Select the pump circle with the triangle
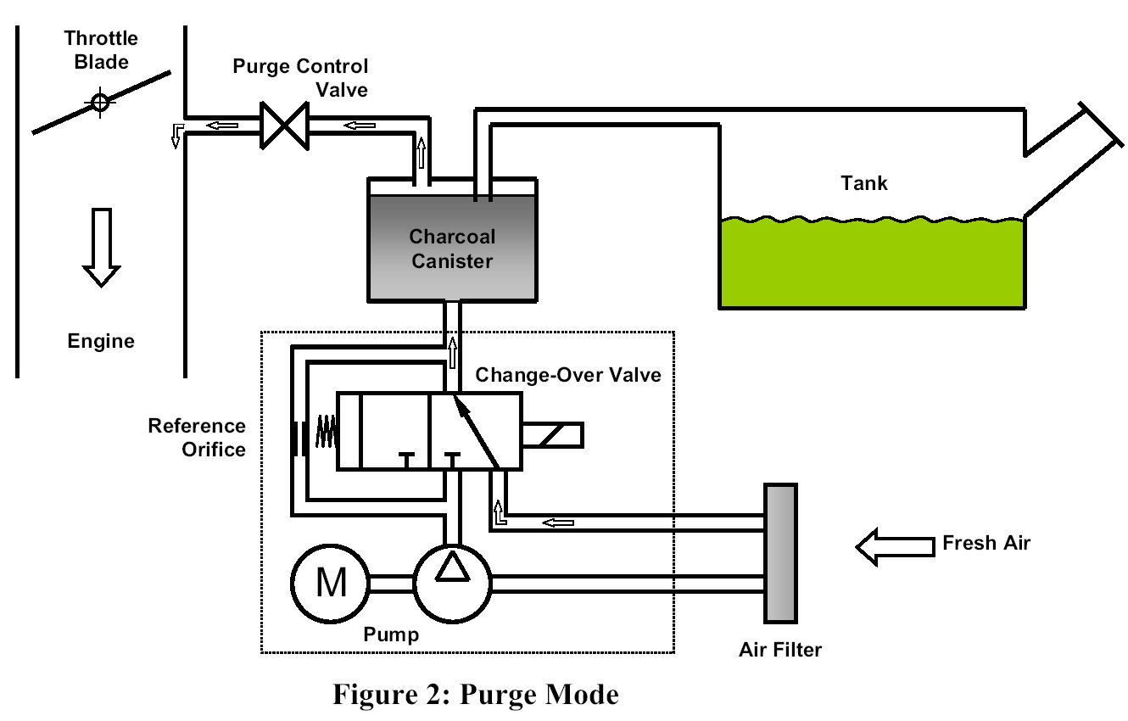click(x=452, y=583)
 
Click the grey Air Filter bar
click(x=780, y=552)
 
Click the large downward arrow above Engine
click(x=101, y=247)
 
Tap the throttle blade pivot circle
click(x=100, y=103)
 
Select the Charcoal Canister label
click(x=451, y=249)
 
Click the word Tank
click(x=864, y=182)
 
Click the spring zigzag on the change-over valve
click(x=327, y=432)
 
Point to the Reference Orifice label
click(x=197, y=437)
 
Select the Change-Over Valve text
click(x=567, y=374)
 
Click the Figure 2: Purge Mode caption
click(x=475, y=696)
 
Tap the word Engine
click(x=101, y=342)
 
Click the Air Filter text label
click(x=779, y=651)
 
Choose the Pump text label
click(x=391, y=634)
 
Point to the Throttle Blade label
click(x=100, y=50)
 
